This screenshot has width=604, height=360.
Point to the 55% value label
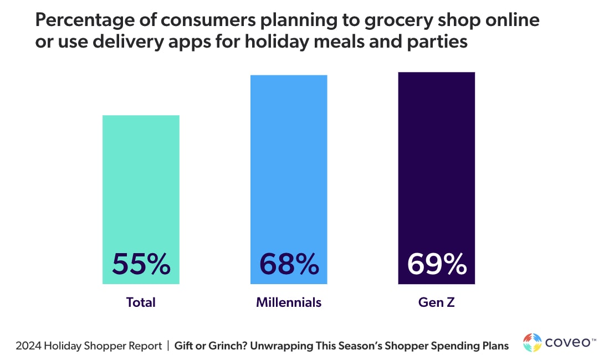pos(141,264)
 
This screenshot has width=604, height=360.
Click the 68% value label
pos(289,264)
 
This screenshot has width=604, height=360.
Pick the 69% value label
pos(437,264)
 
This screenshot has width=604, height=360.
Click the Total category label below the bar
pos(141,302)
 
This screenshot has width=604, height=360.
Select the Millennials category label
pos(289,302)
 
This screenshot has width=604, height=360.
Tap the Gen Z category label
pos(437,302)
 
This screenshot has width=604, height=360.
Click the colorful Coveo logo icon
pos(533,342)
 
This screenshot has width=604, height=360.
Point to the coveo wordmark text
pos(567,343)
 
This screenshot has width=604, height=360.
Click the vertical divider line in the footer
pos(168,346)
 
